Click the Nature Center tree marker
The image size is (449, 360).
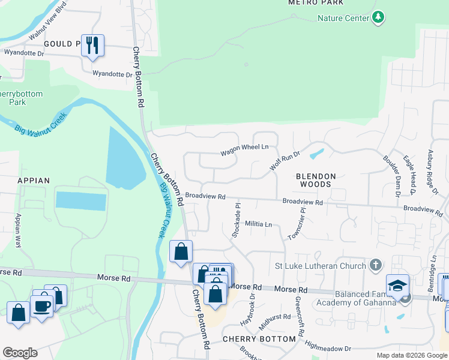(x=378, y=18)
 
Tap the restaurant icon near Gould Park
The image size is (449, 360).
(x=92, y=45)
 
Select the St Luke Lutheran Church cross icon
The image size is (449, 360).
(x=375, y=265)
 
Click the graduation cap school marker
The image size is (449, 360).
(x=397, y=286)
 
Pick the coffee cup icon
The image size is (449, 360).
(x=42, y=306)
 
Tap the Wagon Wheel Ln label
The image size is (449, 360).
(x=244, y=148)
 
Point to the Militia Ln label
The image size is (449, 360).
(x=259, y=224)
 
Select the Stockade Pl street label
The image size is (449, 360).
(x=236, y=220)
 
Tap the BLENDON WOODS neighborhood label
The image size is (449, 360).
(x=315, y=181)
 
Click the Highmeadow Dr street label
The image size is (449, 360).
(x=328, y=347)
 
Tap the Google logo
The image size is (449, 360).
(x=20, y=353)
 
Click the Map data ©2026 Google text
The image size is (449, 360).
(x=411, y=355)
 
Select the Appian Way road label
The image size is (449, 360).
(x=19, y=230)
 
